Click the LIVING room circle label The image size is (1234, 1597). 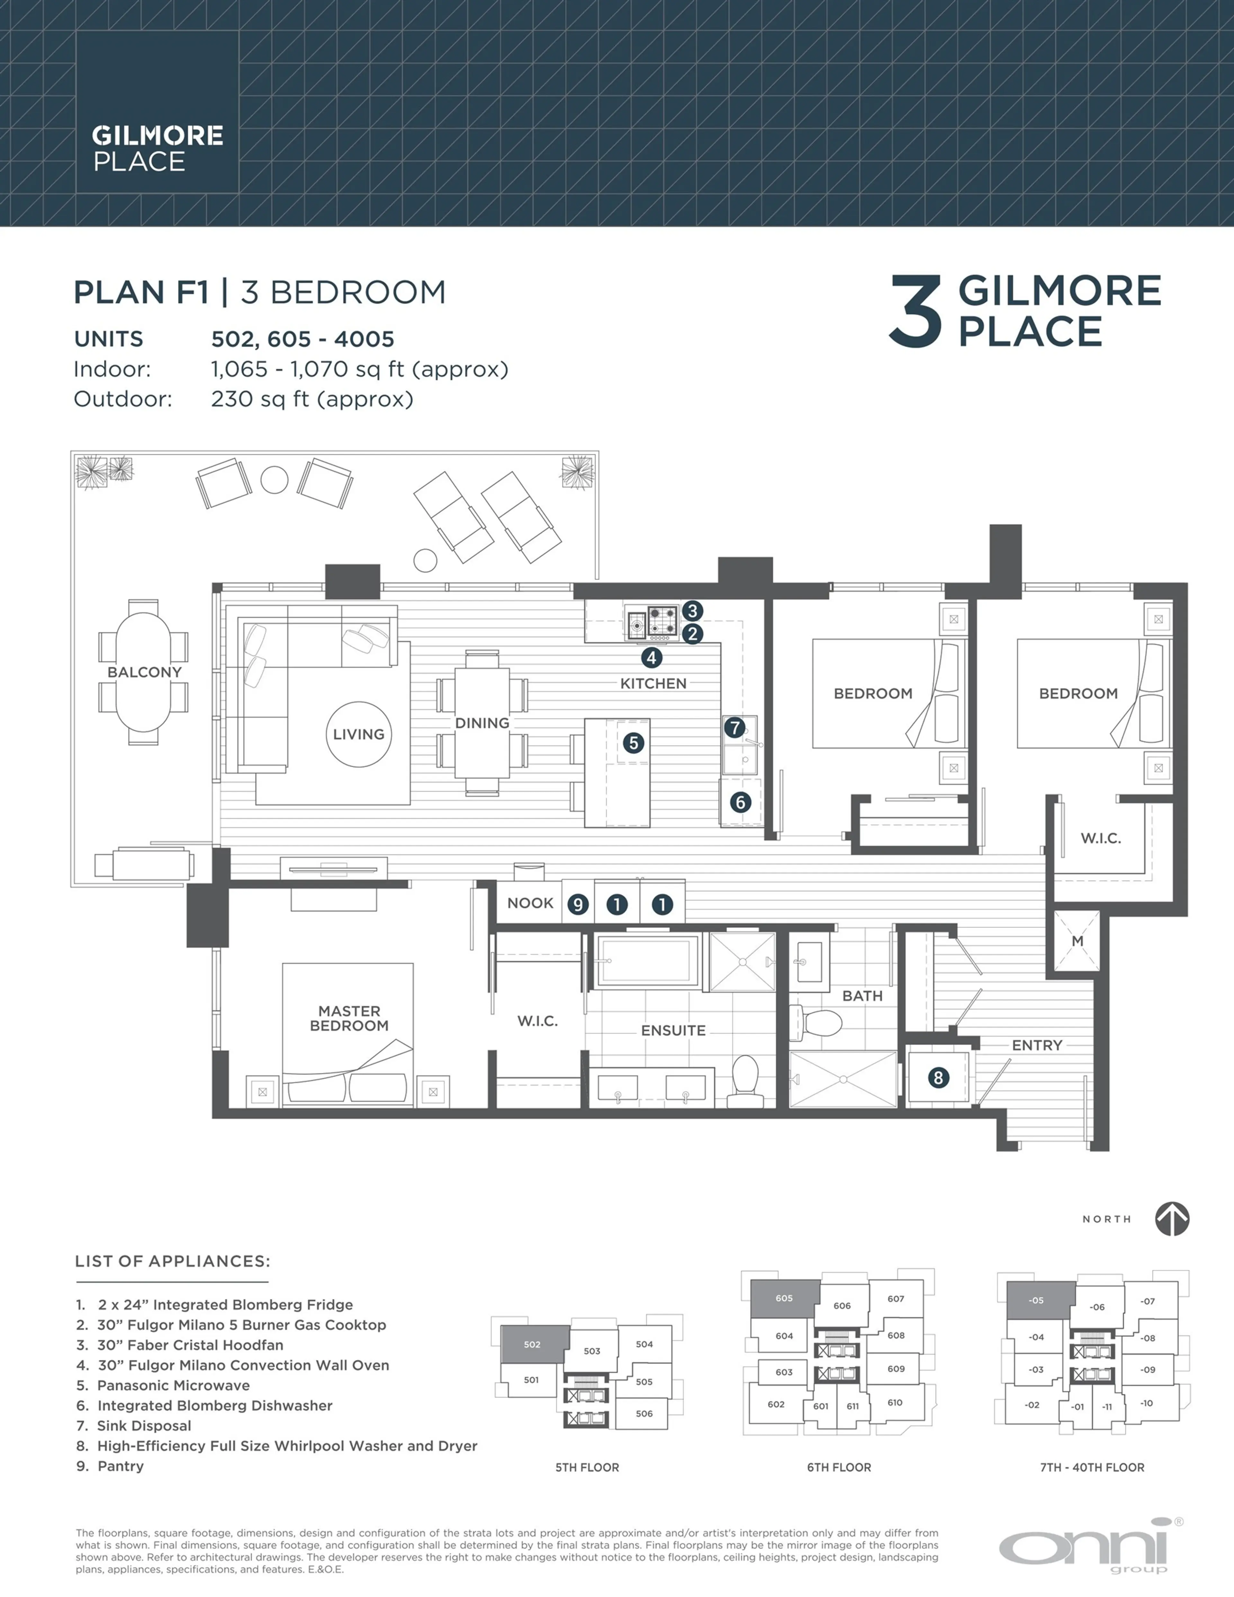pyautogui.click(x=358, y=734)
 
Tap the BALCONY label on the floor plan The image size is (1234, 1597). pyautogui.click(x=144, y=672)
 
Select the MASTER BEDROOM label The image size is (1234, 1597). pyautogui.click(x=349, y=1018)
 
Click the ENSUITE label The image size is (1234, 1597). pyautogui.click(x=673, y=1030)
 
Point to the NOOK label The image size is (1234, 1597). pyautogui.click(x=530, y=903)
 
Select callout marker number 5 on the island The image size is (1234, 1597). pyautogui.click(x=633, y=743)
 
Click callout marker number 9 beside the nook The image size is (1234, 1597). pyautogui.click(x=578, y=905)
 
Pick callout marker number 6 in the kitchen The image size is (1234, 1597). pyautogui.click(x=740, y=802)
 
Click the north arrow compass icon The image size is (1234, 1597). pyautogui.click(x=1172, y=1219)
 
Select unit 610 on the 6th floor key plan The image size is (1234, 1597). pyautogui.click(x=895, y=1403)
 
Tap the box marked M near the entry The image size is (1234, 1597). pyautogui.click(x=1077, y=941)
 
